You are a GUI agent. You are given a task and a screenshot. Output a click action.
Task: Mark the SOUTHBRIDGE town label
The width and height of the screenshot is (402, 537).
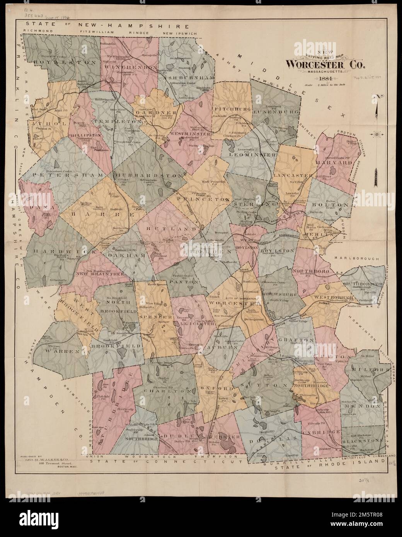click(141, 439)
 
